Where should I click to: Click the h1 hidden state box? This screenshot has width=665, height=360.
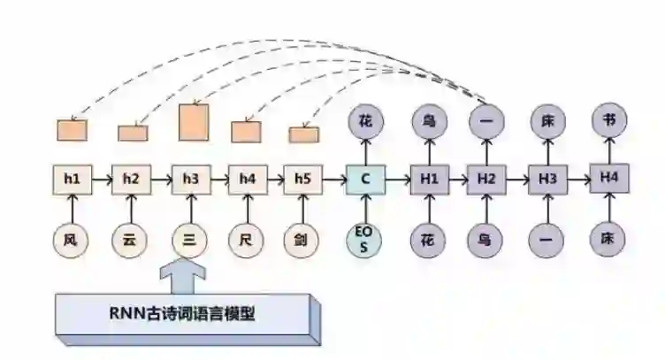(73, 180)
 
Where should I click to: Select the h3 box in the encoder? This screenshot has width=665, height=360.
(190, 180)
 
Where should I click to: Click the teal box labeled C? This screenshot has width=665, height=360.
(364, 180)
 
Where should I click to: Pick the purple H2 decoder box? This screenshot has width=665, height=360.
(486, 180)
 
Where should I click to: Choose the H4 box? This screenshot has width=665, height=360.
(608, 179)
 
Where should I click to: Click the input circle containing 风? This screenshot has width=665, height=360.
(72, 238)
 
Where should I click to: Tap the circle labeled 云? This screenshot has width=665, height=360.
(131, 238)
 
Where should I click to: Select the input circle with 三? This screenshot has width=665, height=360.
(190, 238)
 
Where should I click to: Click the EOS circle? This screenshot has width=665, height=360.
(364, 239)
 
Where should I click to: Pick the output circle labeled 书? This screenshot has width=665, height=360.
(608, 121)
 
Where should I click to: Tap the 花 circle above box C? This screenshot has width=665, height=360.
(364, 121)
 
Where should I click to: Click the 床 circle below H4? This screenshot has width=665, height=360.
(608, 238)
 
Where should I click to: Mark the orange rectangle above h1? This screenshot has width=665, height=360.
(73, 130)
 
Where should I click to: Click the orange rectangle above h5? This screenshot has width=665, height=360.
(303, 134)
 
